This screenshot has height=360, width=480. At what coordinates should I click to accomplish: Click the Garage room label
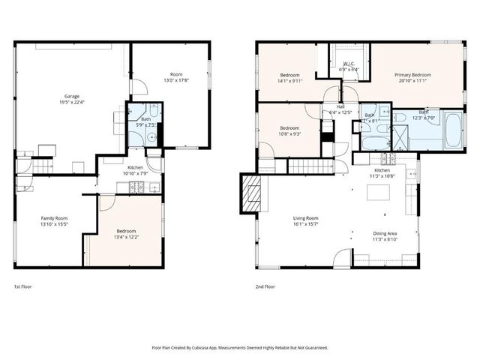pyautogui.click(x=71, y=97)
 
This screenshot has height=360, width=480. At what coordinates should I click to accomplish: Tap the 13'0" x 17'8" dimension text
pyautogui.click(x=176, y=80)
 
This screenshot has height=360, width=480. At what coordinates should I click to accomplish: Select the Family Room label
pyautogui.click(x=53, y=217)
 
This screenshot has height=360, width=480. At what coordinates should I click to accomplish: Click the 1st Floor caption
pyautogui.click(x=22, y=286)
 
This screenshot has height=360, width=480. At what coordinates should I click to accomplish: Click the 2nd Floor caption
pyautogui.click(x=265, y=286)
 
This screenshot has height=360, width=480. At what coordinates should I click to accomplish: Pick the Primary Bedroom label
pyautogui.click(x=412, y=75)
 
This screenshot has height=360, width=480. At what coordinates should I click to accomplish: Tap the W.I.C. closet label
pyautogui.click(x=349, y=64)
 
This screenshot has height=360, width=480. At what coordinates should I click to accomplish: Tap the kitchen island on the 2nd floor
pyautogui.click(x=377, y=192)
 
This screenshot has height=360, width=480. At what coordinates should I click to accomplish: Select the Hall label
pyautogui.click(x=340, y=106)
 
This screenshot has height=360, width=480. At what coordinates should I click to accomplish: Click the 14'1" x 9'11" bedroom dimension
pyautogui.click(x=291, y=80)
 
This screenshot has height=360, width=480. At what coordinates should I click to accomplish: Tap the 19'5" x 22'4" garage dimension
pyautogui.click(x=71, y=103)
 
